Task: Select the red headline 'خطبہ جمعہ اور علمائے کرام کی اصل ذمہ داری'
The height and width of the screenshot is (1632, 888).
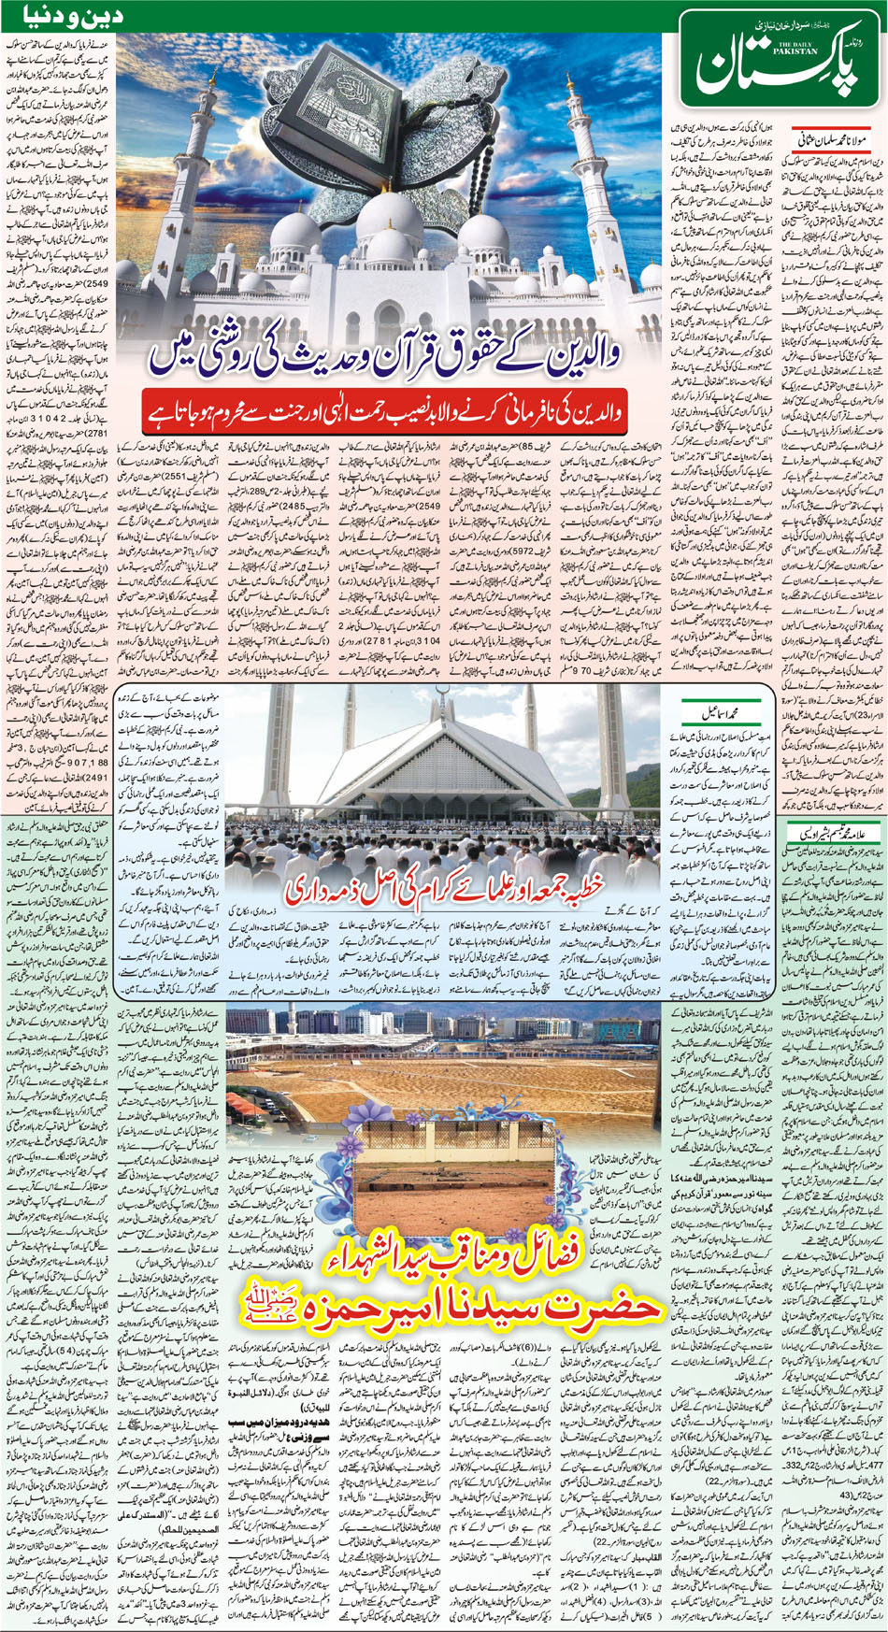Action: pyautogui.click(x=449, y=883)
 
